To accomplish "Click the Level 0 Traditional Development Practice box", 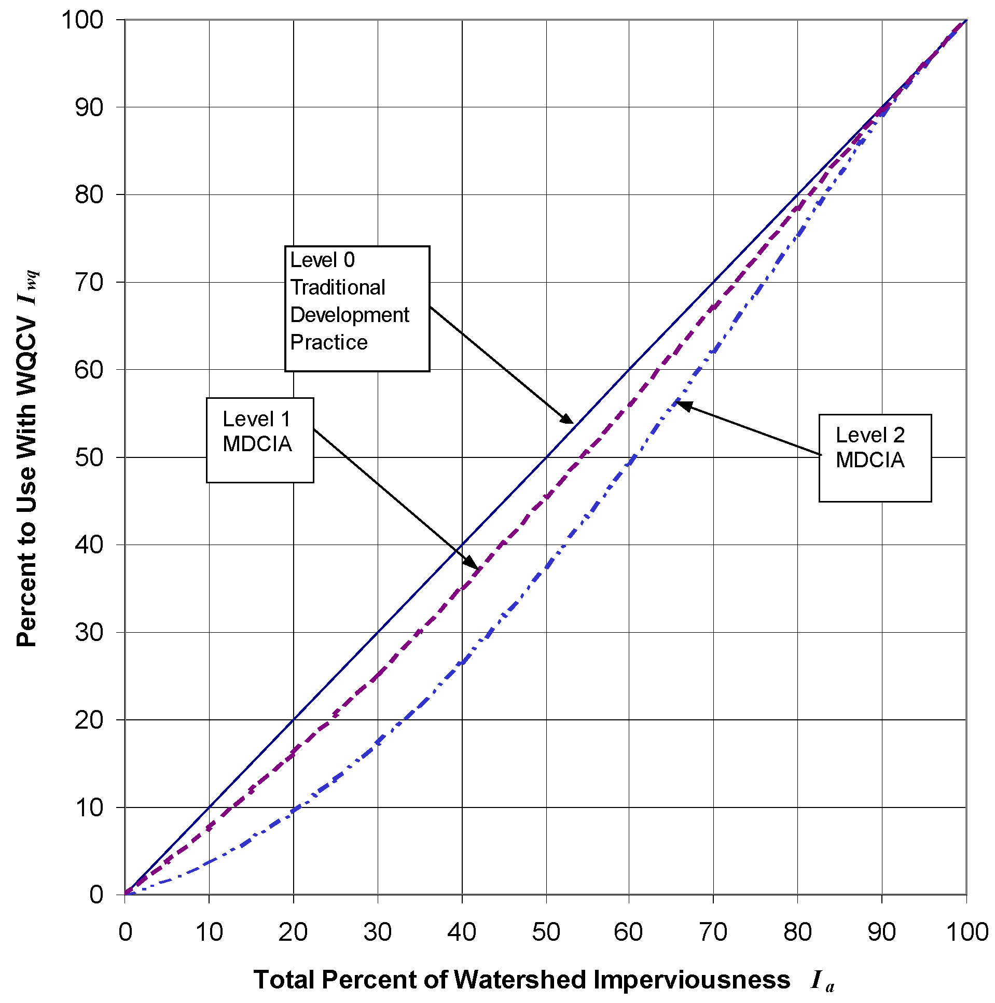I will pos(357,309).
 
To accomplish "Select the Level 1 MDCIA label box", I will pos(260,440).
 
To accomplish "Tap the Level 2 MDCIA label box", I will pos(875,457).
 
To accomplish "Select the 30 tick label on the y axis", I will pos(89,632).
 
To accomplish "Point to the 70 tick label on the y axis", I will pos(89,283).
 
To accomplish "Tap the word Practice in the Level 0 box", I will pos(329,342).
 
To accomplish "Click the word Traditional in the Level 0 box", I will pos(338,287).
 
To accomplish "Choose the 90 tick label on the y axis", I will pos(89,107).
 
